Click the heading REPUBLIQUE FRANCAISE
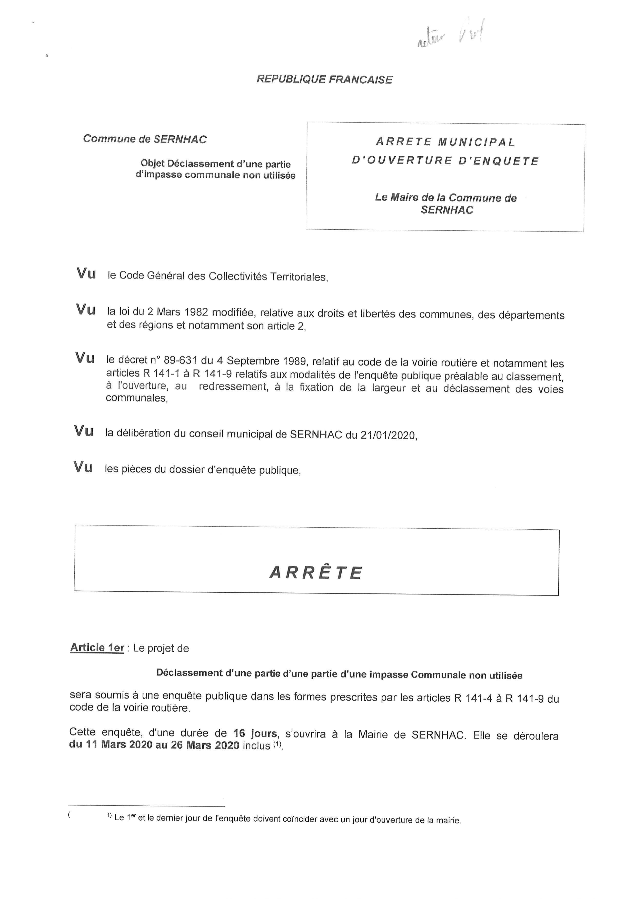click(x=324, y=79)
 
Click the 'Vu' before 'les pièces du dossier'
click(x=83, y=467)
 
